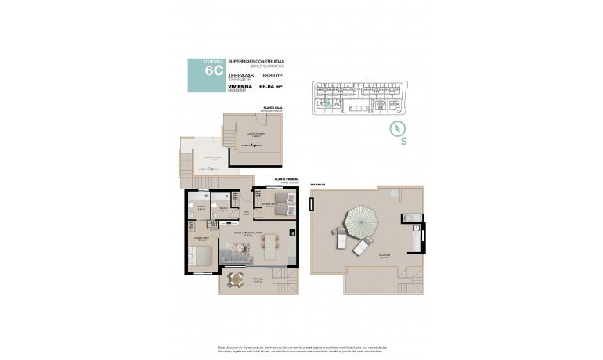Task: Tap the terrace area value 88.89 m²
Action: click(x=272, y=76)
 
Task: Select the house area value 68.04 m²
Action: click(x=270, y=88)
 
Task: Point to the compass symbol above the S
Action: click(x=397, y=129)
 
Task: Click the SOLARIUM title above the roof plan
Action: click(x=317, y=185)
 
